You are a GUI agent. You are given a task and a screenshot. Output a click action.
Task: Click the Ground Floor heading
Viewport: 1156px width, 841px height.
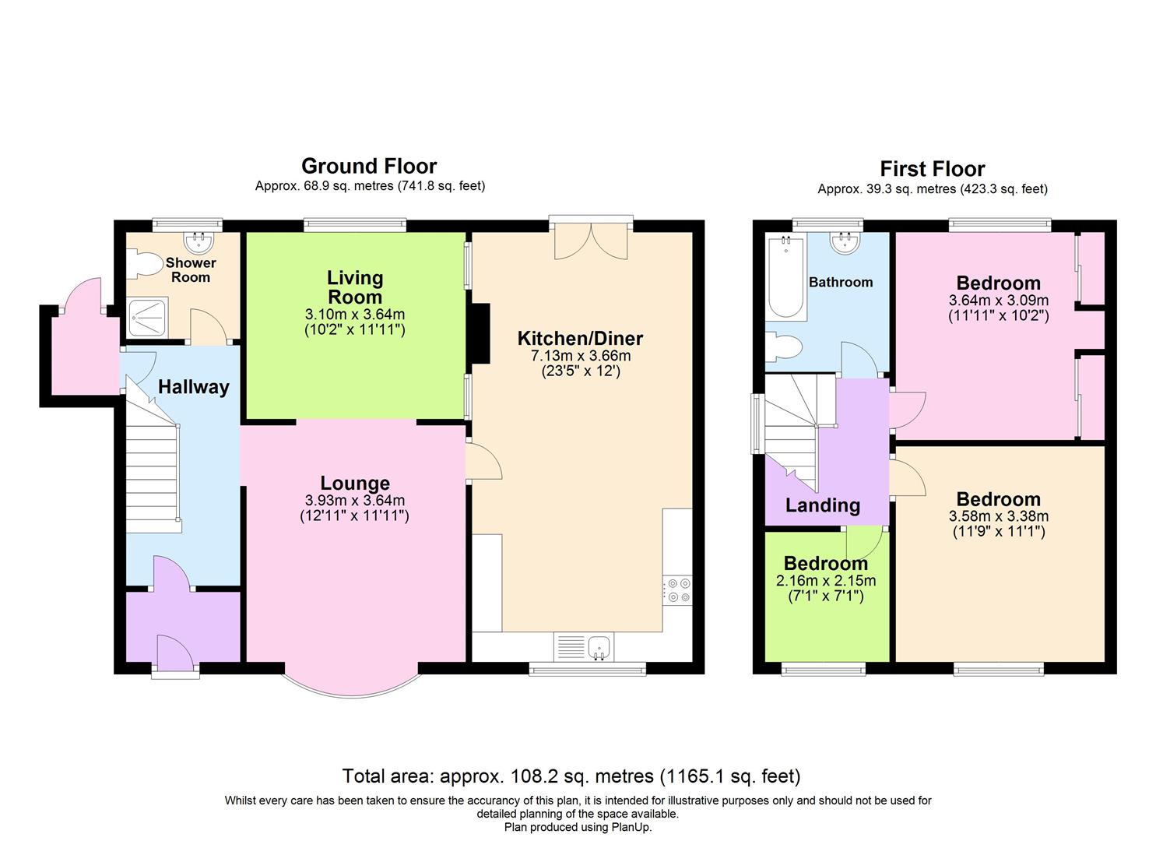[369, 166]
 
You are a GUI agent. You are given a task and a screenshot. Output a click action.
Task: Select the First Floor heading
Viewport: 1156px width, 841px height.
[932, 169]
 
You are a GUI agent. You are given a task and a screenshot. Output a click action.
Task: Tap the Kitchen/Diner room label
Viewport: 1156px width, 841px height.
[580, 339]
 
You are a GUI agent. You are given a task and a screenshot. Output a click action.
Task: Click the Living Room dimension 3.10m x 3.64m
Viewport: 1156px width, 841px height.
[355, 315]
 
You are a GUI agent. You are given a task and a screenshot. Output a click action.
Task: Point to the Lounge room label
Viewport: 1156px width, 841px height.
[355, 484]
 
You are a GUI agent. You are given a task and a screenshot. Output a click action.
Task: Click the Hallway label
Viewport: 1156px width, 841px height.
[193, 387]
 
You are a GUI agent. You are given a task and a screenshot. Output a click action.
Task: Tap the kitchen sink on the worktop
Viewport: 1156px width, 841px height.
[599, 646]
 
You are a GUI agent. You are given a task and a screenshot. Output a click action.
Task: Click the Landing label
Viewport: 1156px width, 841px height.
[822, 506]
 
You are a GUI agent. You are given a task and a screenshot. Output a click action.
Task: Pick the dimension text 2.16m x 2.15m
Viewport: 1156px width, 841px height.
[825, 581]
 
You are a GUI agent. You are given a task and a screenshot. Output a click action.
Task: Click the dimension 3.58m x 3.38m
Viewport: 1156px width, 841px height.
[998, 516]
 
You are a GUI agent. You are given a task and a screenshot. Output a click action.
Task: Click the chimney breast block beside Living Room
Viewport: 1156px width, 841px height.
[479, 333]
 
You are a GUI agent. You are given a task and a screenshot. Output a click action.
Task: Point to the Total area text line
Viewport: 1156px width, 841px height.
[571, 776]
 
